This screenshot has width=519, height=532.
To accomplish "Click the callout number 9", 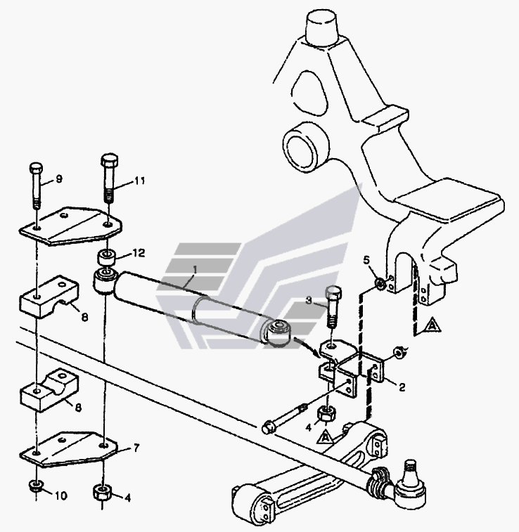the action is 59,179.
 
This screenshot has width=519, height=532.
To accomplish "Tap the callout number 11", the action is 139,181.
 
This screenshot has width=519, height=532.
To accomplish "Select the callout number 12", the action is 139,253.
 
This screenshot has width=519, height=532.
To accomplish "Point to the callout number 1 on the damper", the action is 195,269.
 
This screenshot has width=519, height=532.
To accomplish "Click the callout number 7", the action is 136,448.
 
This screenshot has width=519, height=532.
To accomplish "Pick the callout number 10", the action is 61,495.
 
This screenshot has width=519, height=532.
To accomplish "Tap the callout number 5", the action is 366,260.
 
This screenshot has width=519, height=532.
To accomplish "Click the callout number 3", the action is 309,301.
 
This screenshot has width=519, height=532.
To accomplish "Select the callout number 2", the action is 402,387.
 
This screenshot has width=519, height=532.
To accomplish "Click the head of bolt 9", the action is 36,167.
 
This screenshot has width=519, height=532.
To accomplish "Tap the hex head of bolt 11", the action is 110,160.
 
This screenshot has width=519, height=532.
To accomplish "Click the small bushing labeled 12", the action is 107,257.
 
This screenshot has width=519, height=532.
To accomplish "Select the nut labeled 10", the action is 35,486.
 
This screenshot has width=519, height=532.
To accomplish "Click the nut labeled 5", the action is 380,283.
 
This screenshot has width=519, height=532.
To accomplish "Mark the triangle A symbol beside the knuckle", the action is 431,325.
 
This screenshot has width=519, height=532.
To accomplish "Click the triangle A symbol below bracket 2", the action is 326,436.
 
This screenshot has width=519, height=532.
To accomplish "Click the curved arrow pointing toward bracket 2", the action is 307,345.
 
